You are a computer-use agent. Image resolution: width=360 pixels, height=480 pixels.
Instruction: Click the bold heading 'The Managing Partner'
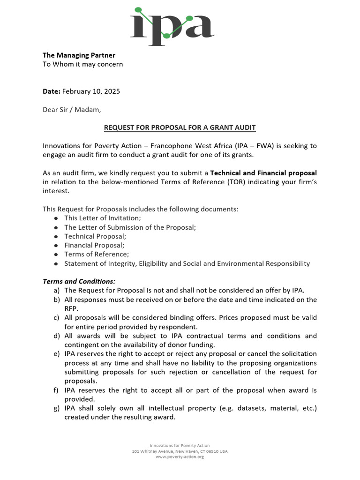coord(79,55)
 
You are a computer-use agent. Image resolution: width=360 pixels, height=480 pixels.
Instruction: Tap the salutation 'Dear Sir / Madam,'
coord(72,110)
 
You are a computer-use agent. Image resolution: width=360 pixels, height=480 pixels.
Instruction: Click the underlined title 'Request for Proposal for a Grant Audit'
coord(180,128)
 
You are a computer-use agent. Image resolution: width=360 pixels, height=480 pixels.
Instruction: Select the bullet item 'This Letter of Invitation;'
coord(102,218)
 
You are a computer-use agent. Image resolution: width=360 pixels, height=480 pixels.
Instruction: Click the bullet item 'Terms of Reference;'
coord(96,254)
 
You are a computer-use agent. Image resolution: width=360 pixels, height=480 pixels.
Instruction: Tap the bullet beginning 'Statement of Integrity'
coord(187,263)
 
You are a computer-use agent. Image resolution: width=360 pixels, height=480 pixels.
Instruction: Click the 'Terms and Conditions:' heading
coord(79,281)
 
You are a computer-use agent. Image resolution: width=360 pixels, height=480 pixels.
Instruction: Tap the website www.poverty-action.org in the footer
coord(180,457)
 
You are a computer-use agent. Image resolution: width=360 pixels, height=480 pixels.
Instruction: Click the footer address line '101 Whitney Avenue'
coord(180,451)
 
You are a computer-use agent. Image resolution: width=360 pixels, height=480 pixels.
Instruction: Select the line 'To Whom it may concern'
coord(83,64)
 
